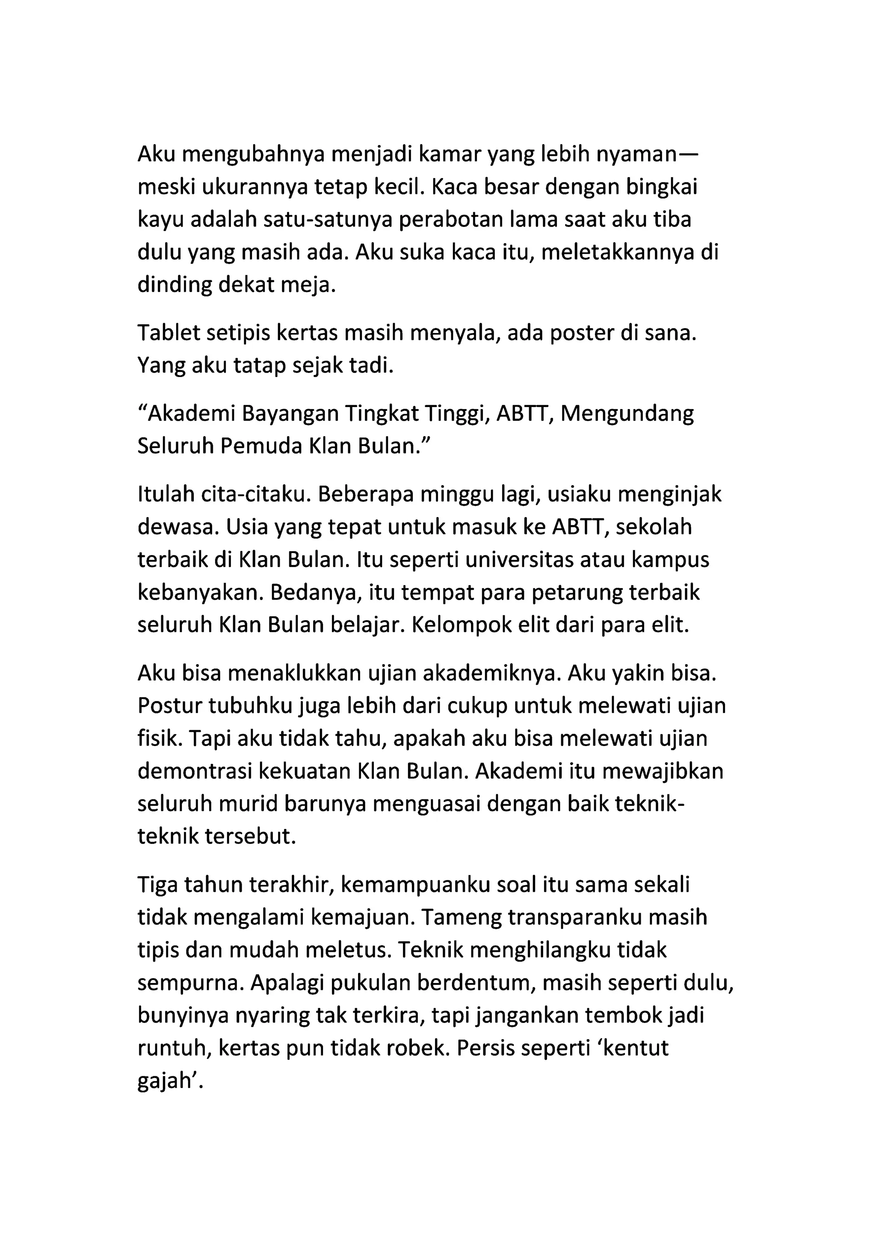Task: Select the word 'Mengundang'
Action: pyautogui.click(x=627, y=414)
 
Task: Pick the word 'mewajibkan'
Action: pyautogui.click(x=663, y=771)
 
